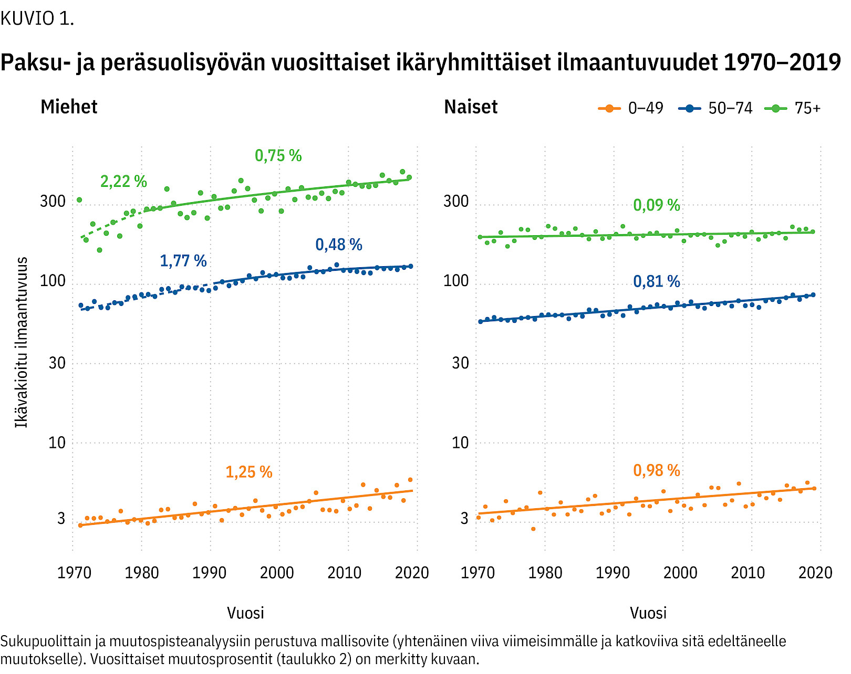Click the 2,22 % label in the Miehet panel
(x=123, y=182)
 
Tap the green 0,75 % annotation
(x=278, y=156)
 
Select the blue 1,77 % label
(x=183, y=261)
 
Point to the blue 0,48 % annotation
(x=339, y=245)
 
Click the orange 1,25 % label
(x=248, y=472)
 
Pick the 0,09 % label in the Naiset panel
(x=656, y=205)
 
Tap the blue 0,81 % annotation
(x=656, y=282)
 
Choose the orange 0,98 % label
(x=656, y=471)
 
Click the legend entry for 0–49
(x=631, y=109)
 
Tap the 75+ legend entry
(x=793, y=109)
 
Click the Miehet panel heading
(x=69, y=107)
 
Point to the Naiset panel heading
(x=471, y=107)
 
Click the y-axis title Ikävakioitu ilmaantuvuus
(x=21, y=342)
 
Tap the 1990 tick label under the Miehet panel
(x=209, y=573)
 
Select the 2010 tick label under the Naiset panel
(x=748, y=573)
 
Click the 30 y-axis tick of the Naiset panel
(x=460, y=363)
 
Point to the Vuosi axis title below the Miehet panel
(x=245, y=613)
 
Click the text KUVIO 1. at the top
(x=37, y=19)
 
